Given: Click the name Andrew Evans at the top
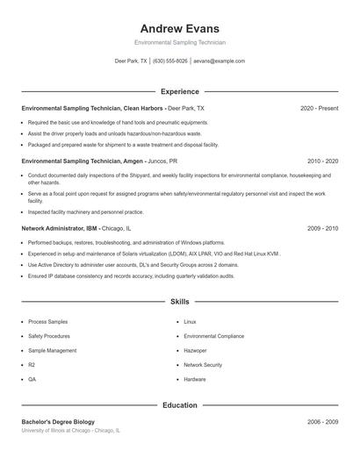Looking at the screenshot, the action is (180, 28).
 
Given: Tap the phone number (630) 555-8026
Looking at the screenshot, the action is (170, 61).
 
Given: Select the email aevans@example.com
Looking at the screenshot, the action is (219, 61).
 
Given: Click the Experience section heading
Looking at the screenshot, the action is (180, 91).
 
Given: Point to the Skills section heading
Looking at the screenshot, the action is (180, 301).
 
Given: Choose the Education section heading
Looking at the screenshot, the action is (180, 405).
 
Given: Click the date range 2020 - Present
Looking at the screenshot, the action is (319, 108).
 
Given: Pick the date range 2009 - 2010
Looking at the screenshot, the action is (322, 228).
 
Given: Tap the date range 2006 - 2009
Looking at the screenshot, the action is (322, 422).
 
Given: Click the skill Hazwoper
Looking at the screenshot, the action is (195, 350).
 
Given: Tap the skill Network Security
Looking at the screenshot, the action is (203, 364).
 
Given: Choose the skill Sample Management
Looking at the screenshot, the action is (52, 350).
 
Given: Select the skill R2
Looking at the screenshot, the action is (32, 364).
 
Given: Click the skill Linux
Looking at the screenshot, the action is (190, 322).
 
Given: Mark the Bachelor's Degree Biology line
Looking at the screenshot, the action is (58, 422).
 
